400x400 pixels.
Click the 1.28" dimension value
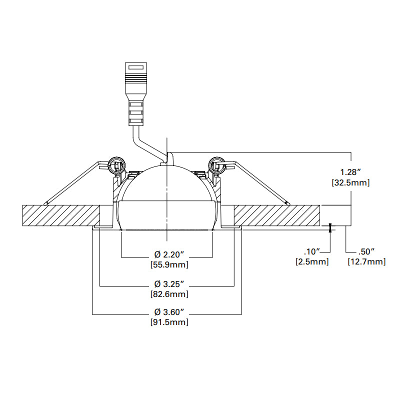(x=350, y=173)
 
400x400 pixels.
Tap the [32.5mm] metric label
(x=350, y=183)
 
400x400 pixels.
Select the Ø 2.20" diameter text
(x=169, y=254)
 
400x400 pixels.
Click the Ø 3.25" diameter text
(x=169, y=284)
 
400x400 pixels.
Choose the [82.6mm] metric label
(x=169, y=294)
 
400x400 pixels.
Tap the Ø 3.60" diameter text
(x=169, y=312)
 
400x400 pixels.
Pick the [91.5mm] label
(x=169, y=322)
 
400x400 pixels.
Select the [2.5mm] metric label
(x=312, y=261)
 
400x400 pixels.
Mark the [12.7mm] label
(x=366, y=261)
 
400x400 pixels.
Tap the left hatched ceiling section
(x=65, y=215)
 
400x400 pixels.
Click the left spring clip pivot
(x=116, y=164)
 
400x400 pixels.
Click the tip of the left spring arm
(x=45, y=204)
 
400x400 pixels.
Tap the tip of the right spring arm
(x=288, y=203)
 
